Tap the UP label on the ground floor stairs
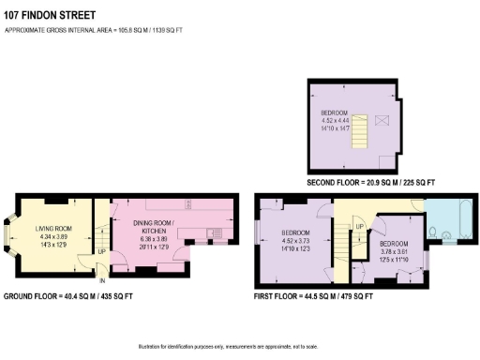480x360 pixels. click(102, 251)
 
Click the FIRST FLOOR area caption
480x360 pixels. click(313, 296)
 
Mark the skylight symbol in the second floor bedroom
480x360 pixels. click(381, 120)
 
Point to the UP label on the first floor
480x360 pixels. click(358, 226)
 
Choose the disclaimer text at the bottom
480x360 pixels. click(240, 346)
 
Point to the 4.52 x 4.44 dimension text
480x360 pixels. click(335, 120)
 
